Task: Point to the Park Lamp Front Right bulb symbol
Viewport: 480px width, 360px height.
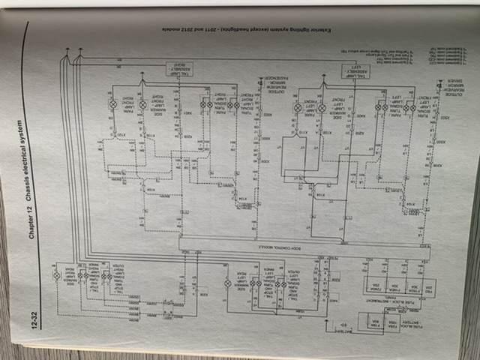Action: pos(113,105)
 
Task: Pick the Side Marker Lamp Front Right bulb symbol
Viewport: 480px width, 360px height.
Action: pos(142,105)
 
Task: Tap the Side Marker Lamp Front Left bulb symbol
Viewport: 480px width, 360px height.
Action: pos(322,108)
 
